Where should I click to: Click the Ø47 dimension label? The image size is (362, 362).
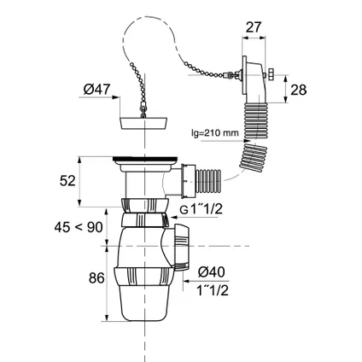click(96, 90)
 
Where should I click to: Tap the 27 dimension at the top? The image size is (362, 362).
click(254, 27)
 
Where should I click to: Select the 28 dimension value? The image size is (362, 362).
click(299, 90)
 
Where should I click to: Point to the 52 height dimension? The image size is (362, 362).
click(67, 181)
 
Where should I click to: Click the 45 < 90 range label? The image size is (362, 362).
click(79, 227)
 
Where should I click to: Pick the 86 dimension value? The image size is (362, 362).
click(96, 278)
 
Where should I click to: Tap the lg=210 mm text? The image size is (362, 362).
click(215, 132)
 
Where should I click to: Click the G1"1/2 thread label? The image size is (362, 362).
click(201, 210)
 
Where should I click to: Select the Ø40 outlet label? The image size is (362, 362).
click(211, 272)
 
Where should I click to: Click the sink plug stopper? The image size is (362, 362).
click(143, 123)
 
